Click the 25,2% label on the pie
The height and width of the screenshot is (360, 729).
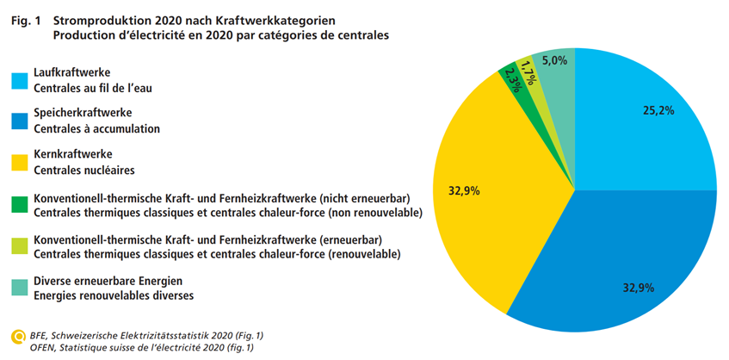coord(658,110)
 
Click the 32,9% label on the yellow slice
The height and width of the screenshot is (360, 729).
coord(465,190)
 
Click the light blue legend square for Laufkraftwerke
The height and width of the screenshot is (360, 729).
coord(20,80)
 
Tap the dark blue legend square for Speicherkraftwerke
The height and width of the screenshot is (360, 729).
coord(20,121)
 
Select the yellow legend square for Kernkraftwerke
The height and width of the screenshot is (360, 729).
coord(20,163)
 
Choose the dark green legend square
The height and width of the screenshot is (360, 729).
coord(20,205)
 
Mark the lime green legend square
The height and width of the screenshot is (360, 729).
coord(20,245)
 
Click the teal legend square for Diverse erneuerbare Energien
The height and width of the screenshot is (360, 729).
coord(20,288)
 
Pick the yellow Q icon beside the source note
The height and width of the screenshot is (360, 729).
coord(17,336)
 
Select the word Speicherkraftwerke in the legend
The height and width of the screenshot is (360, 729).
coord(83,114)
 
